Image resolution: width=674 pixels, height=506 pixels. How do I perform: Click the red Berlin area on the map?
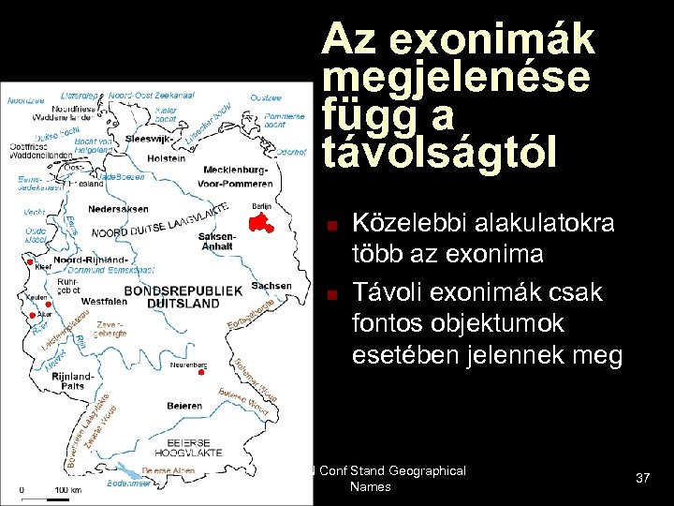[260, 222]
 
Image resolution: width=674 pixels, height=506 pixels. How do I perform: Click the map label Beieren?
[185, 407]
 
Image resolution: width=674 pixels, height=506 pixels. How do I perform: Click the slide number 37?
[642, 479]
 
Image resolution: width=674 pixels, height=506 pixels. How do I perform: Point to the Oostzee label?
[268, 97]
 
